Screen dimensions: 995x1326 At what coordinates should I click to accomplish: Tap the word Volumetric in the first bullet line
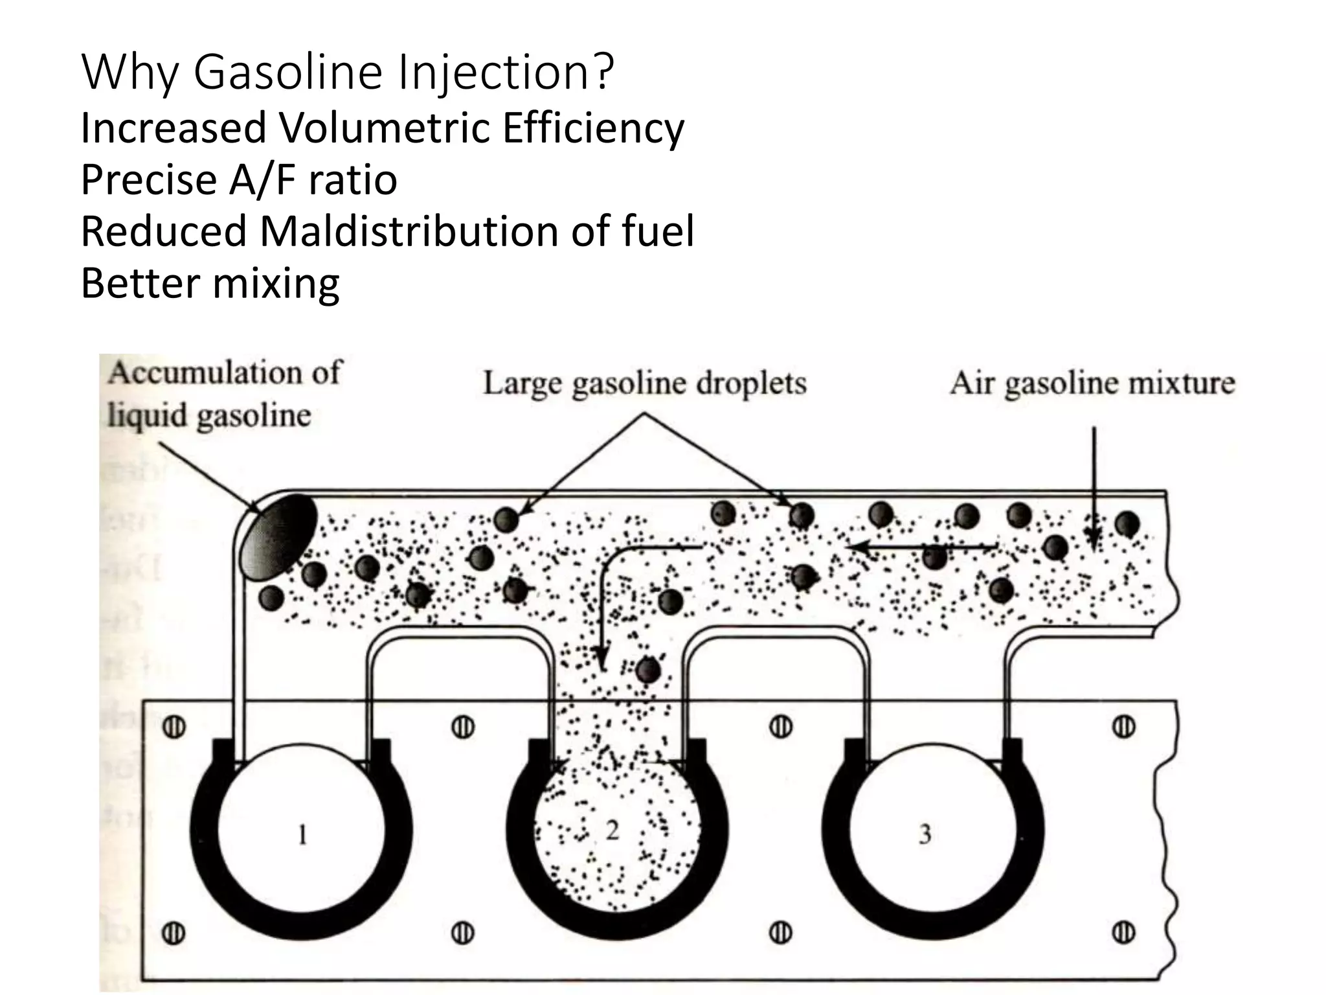[x=385, y=128]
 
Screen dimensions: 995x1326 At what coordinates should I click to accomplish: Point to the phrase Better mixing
[x=210, y=283]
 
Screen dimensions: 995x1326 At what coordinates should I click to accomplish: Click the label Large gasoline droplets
[x=644, y=383]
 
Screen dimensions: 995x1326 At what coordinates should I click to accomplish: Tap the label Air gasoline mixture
[x=1092, y=383]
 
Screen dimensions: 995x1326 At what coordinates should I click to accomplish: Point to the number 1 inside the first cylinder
[x=302, y=834]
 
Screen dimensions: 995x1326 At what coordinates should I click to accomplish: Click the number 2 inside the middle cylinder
[x=612, y=830]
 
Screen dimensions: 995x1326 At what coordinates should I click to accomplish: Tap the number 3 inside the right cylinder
[x=925, y=834]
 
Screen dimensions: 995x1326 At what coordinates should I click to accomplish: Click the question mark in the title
[x=601, y=73]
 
